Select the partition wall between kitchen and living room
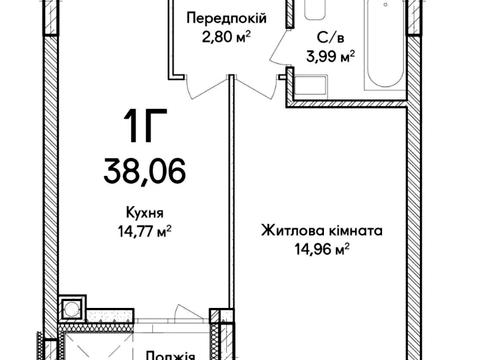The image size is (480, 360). point(234,220)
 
